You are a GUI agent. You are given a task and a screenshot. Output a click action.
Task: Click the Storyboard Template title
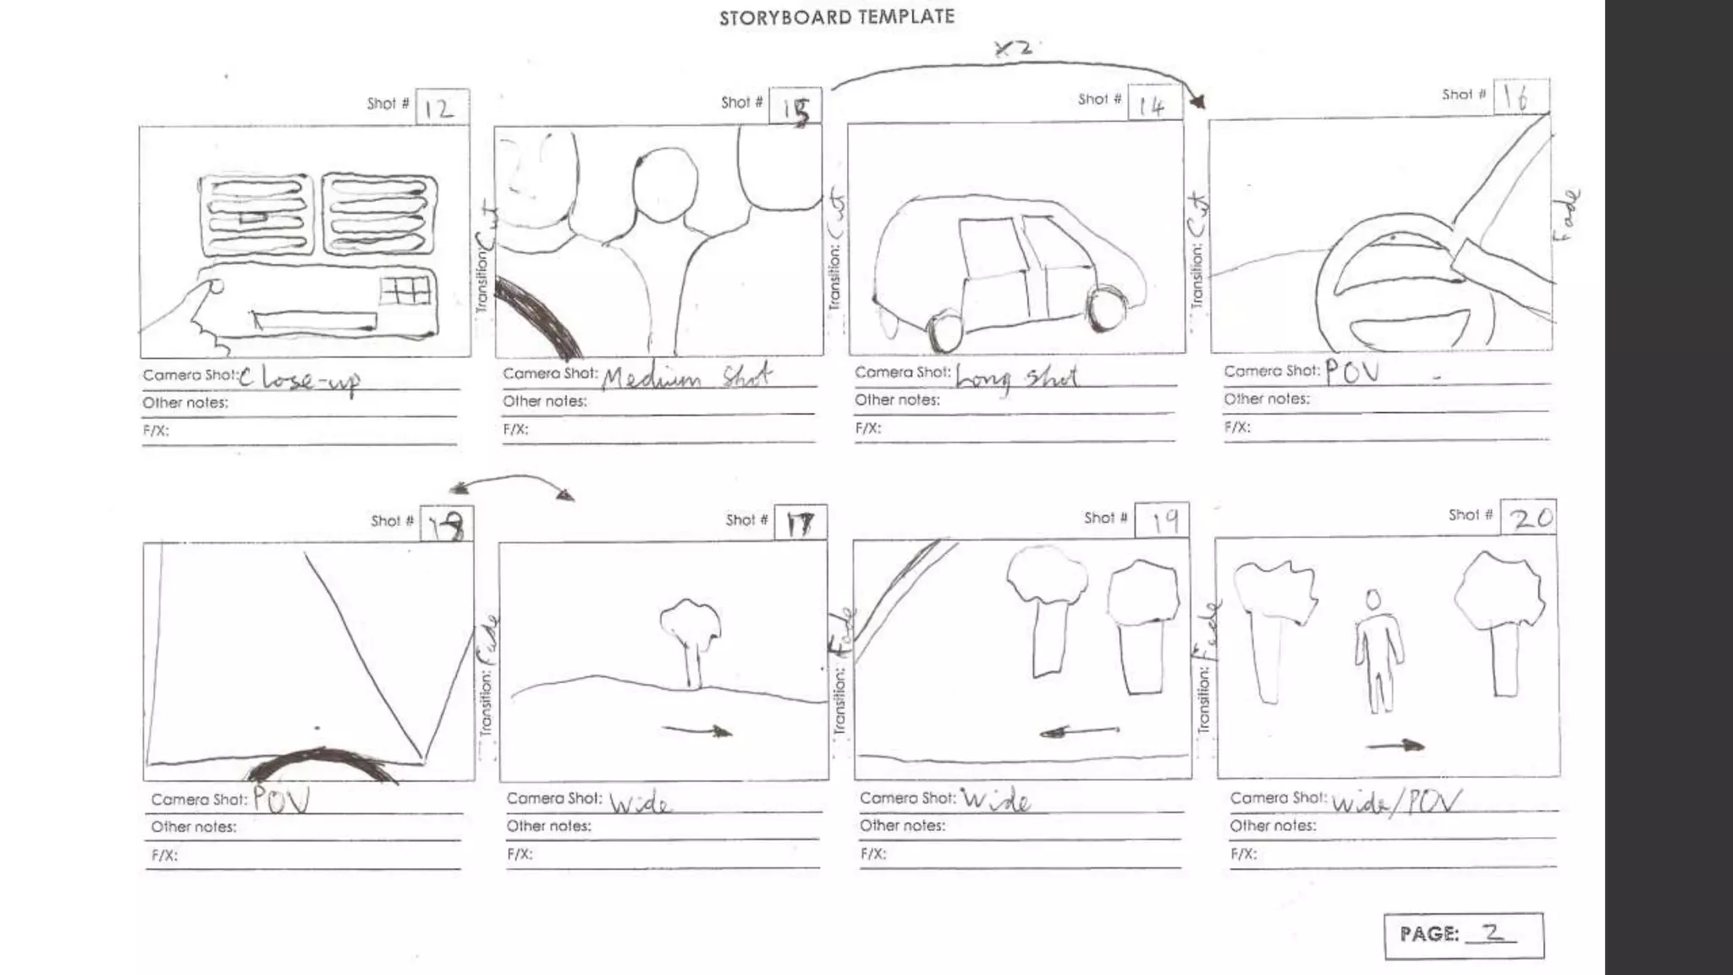click(836, 17)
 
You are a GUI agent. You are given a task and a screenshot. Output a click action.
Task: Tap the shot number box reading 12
click(442, 107)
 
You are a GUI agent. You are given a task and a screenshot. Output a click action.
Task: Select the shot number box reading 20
click(1528, 517)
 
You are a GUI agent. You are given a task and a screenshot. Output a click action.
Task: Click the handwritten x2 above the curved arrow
click(1013, 48)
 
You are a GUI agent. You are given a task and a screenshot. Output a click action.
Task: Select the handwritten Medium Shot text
click(686, 376)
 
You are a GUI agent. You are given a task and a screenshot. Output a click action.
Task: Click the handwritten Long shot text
click(1015, 377)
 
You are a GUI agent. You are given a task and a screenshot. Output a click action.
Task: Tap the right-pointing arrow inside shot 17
click(698, 730)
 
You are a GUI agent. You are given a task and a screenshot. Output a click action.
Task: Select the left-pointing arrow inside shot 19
click(1079, 731)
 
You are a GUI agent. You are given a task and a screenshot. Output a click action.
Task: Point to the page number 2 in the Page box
click(1492, 932)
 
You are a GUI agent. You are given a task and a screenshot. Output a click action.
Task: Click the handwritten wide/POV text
click(1396, 801)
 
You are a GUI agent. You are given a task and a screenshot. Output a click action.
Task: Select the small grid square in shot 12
click(405, 292)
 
